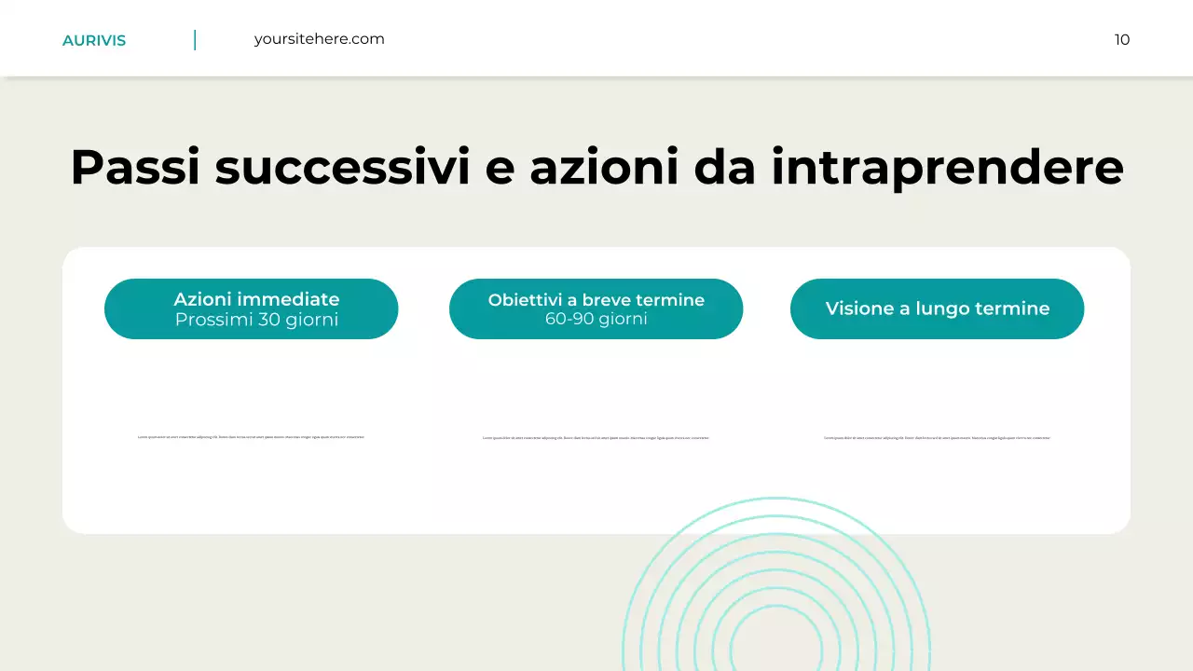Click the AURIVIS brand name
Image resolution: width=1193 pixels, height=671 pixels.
point(94,40)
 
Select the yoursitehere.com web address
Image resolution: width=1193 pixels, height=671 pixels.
point(319,39)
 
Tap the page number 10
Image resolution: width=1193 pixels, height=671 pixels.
point(1122,39)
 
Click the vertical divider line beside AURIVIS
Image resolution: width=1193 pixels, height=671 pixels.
point(195,40)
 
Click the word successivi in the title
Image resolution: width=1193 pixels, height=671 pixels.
point(341,168)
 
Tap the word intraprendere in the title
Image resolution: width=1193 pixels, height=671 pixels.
point(947,168)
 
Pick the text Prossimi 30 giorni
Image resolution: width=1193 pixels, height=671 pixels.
point(256,320)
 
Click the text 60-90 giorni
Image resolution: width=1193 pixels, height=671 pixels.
point(596,319)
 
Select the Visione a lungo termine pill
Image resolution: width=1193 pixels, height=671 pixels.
point(937,308)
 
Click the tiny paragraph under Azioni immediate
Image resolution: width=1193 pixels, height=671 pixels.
point(251,437)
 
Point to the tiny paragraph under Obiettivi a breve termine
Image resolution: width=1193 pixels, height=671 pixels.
point(596,438)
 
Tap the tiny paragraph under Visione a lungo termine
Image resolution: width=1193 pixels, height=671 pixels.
point(937,438)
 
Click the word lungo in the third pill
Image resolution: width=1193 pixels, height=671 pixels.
point(941,308)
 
